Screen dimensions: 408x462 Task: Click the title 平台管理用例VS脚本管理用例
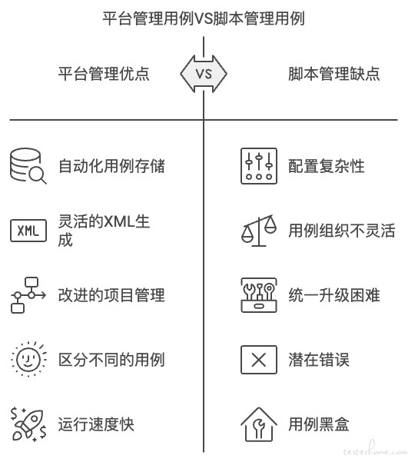(204, 18)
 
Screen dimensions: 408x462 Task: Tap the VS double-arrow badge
(204, 74)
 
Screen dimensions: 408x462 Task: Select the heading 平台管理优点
(104, 74)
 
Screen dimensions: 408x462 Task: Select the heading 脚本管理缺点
(333, 74)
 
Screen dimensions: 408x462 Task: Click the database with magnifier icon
(28, 166)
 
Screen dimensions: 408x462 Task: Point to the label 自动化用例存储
(111, 166)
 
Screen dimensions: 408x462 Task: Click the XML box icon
(28, 231)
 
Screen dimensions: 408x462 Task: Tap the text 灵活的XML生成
(104, 231)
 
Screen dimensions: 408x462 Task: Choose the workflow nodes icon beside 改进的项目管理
(28, 295)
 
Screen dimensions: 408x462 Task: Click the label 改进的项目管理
(111, 295)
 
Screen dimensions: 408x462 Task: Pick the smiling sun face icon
(28, 360)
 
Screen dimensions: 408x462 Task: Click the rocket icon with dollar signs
(28, 424)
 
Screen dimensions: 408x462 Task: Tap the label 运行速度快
(96, 424)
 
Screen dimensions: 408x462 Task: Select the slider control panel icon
(259, 166)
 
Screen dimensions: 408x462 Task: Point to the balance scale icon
(259, 231)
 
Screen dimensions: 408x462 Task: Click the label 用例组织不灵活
(342, 231)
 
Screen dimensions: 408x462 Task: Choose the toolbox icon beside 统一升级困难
(259, 295)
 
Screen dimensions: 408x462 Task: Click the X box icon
(259, 360)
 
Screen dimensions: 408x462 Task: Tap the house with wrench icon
(259, 424)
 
